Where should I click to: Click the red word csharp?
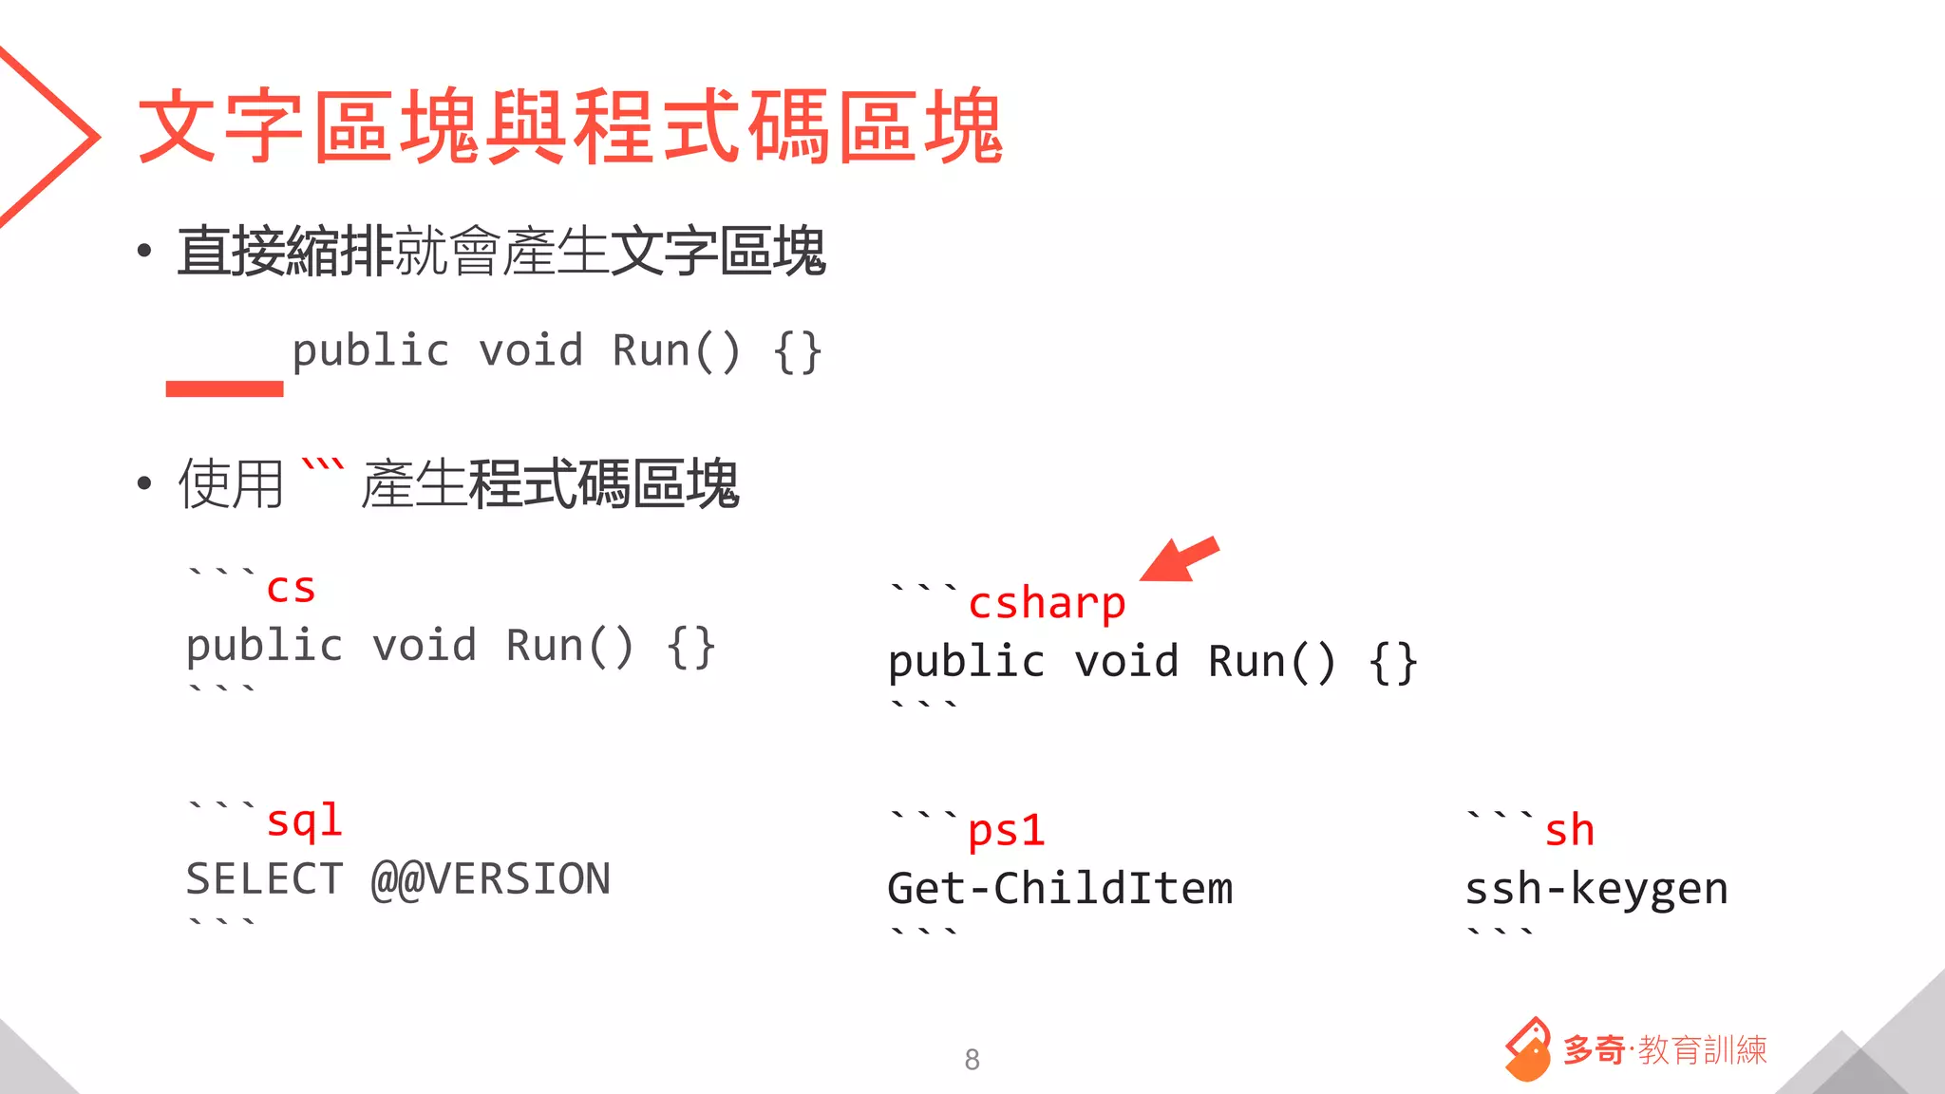click(x=1047, y=604)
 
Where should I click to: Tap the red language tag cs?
click(x=291, y=589)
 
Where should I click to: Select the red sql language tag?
click(x=304, y=820)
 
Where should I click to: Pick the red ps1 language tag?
click(x=1006, y=831)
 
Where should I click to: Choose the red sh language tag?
click(x=1569, y=831)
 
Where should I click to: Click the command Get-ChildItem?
click(x=1060, y=889)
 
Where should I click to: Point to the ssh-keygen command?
click(x=1596, y=889)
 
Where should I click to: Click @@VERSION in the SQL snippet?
click(x=491, y=879)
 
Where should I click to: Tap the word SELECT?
click(x=264, y=879)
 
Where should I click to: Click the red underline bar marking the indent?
click(x=224, y=388)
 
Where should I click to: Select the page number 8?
click(x=972, y=1059)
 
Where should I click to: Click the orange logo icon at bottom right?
click(x=1527, y=1050)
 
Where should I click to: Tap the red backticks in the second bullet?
click(x=322, y=467)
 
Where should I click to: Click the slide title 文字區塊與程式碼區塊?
click(x=570, y=126)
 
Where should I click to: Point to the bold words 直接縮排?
click(x=285, y=253)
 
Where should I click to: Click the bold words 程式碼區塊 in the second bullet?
click(x=604, y=484)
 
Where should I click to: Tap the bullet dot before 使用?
click(x=144, y=483)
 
